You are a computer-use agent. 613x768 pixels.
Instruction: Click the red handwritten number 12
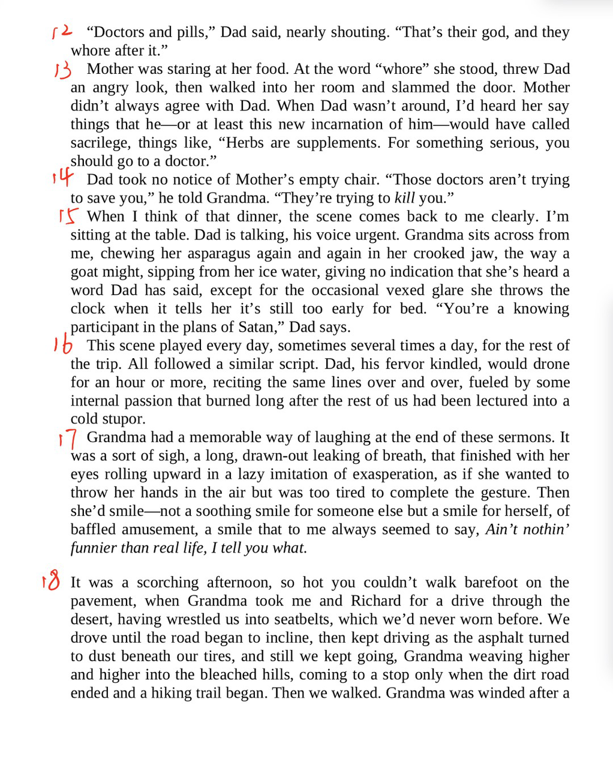[62, 31]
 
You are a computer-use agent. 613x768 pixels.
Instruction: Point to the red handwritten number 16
[63, 344]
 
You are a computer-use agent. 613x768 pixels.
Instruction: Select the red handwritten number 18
[52, 581]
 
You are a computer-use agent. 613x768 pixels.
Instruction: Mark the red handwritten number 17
[68, 439]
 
